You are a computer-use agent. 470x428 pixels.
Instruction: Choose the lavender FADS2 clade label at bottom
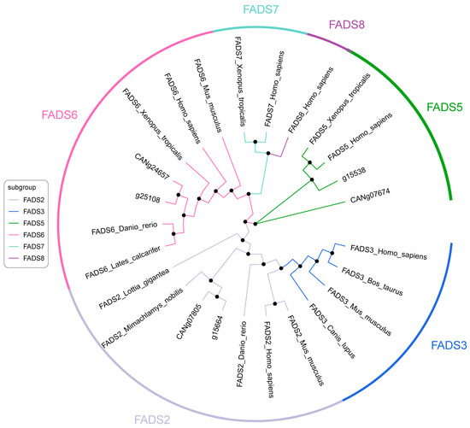point(151,419)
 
